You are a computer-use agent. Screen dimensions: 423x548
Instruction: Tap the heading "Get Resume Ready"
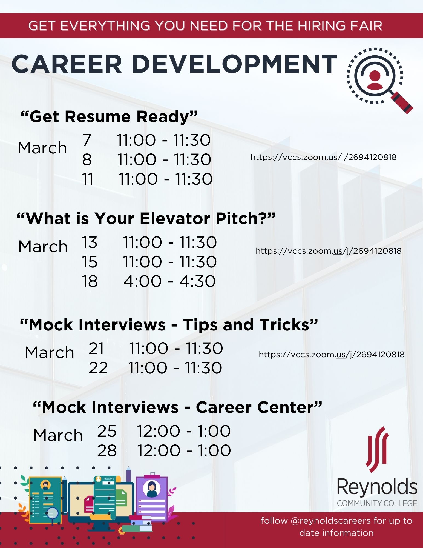pos(109,117)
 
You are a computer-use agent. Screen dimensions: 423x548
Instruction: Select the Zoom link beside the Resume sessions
pos(323,157)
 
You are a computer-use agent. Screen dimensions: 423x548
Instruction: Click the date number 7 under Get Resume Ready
pos(87,140)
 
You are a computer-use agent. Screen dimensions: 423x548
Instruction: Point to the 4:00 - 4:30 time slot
pos(169,281)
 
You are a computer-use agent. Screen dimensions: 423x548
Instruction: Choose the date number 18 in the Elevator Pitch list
pos(90,281)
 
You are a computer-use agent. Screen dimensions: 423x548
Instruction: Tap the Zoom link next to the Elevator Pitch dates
pos(329,251)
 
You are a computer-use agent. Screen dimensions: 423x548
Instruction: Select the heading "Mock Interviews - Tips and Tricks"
pos(169,325)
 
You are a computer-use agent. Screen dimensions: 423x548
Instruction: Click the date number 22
pos(98,368)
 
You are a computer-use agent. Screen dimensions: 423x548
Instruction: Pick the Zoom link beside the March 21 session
pos(332,355)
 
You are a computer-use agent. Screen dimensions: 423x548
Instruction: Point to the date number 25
pos(107,431)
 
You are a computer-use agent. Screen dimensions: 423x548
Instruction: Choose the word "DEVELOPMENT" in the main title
pos(234,64)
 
